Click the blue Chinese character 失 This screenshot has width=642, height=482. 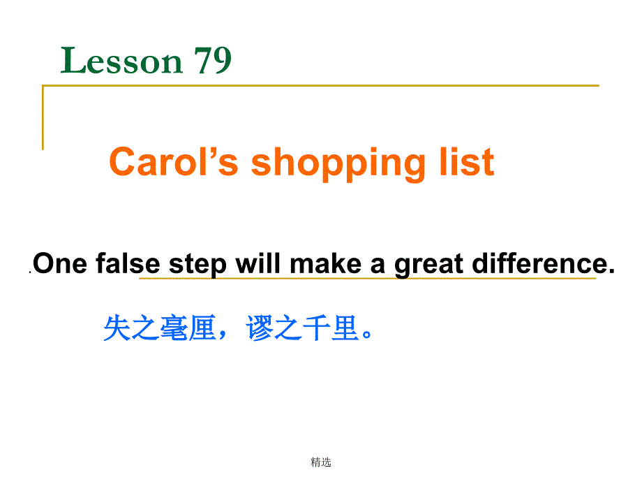point(117,328)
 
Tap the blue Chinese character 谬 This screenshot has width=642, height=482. point(260,328)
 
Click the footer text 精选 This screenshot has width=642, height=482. point(321,462)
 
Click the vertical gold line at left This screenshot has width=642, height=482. point(43,117)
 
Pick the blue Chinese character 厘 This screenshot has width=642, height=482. point(202,328)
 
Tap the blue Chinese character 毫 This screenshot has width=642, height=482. point(173,328)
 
